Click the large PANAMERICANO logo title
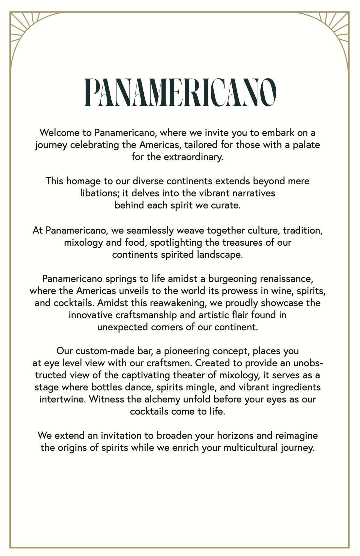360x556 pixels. (x=180, y=92)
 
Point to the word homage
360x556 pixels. (x=82, y=181)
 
